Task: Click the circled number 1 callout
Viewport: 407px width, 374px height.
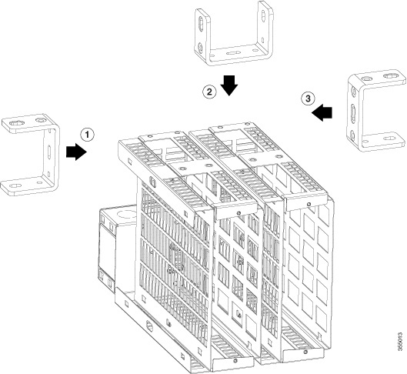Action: [88, 134]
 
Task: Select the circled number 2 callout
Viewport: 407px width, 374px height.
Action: [209, 91]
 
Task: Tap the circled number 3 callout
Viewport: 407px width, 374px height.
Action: [305, 99]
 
